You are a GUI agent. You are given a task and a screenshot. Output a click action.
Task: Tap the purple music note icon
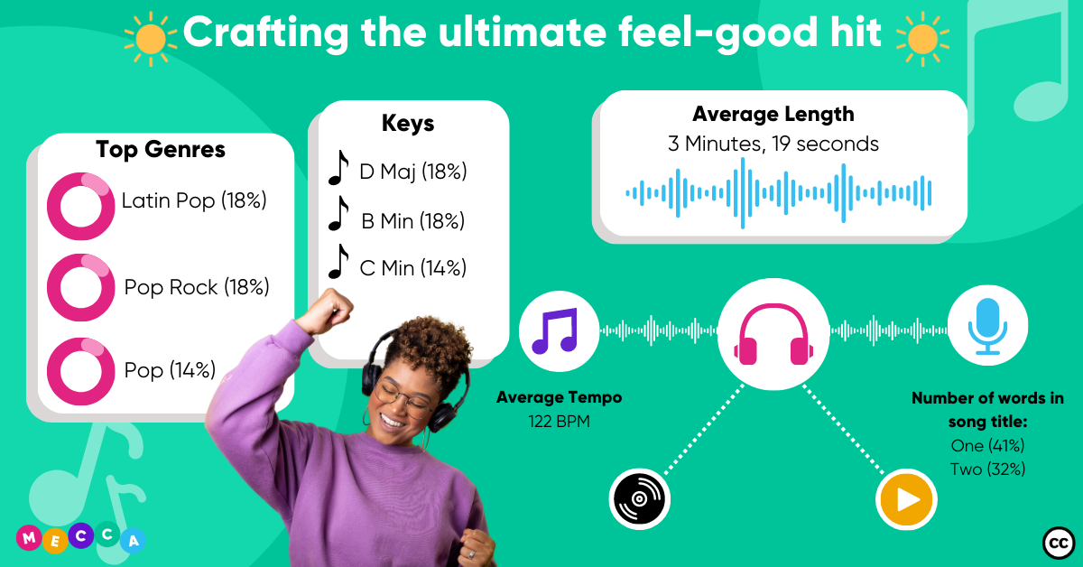point(556,330)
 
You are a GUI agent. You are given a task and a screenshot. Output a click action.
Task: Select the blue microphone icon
point(987,326)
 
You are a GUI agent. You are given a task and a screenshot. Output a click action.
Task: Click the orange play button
point(906,499)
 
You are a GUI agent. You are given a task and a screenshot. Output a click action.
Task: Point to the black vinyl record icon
point(639,499)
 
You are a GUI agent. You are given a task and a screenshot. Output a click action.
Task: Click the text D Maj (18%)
point(413,172)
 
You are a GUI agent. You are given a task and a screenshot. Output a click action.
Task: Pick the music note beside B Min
point(339,213)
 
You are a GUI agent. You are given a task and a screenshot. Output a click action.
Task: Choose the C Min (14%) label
point(413,268)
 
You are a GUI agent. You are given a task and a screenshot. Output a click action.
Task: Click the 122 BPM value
point(559,422)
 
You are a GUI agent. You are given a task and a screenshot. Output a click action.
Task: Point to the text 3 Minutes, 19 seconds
point(773,144)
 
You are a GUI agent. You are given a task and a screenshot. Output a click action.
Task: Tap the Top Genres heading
point(161,149)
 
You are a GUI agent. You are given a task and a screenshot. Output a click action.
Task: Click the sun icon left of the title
point(151,39)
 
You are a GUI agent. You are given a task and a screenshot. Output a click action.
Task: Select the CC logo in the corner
point(1058,543)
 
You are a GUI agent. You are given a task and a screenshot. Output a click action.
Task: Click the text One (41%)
point(987,446)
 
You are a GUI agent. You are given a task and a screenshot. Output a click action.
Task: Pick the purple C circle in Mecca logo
point(80,535)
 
